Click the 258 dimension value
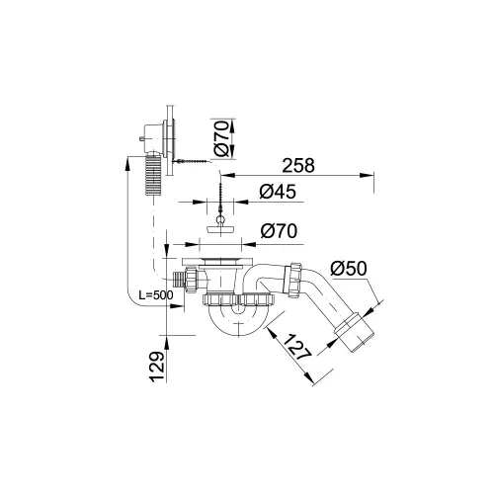pos(298,166)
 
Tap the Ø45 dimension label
pos(278,192)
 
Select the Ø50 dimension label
pos(349,269)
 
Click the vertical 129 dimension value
pos(157,367)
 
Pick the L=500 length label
pos(156,295)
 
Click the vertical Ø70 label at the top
pos(221,138)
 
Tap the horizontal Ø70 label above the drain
pos(279,231)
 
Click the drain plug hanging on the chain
pos(220,229)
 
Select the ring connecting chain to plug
pos(220,220)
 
